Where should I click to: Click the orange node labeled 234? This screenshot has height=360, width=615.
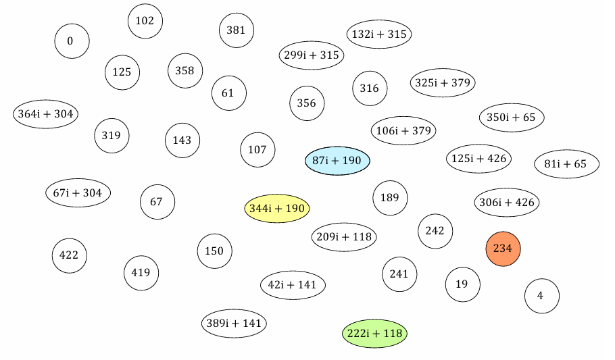(x=503, y=249)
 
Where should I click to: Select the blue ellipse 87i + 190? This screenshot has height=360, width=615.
(x=337, y=161)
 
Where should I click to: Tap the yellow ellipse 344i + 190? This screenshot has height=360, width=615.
(x=276, y=208)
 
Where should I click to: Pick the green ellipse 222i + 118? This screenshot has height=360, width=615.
(x=374, y=333)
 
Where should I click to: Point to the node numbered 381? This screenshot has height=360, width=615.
(x=236, y=30)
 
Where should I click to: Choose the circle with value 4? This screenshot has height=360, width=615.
(x=541, y=296)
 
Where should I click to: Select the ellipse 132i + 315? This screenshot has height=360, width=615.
(x=378, y=34)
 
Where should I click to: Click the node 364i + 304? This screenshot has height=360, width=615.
(x=45, y=113)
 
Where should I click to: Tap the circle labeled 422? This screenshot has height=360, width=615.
(x=69, y=255)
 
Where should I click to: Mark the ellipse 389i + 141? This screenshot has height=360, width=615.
(x=233, y=323)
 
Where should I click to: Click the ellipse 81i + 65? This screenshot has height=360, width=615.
(x=566, y=163)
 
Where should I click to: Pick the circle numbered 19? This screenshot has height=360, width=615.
(x=462, y=284)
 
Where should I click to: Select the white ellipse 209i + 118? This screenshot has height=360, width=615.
(x=344, y=237)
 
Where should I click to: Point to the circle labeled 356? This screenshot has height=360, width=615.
(x=306, y=103)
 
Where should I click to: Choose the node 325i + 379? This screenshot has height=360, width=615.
(x=442, y=82)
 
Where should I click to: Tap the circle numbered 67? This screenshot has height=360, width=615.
(x=157, y=201)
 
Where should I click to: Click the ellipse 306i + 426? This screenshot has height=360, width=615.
(x=507, y=201)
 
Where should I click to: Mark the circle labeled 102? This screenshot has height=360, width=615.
(x=145, y=21)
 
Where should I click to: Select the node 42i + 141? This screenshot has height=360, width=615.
(x=293, y=284)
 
